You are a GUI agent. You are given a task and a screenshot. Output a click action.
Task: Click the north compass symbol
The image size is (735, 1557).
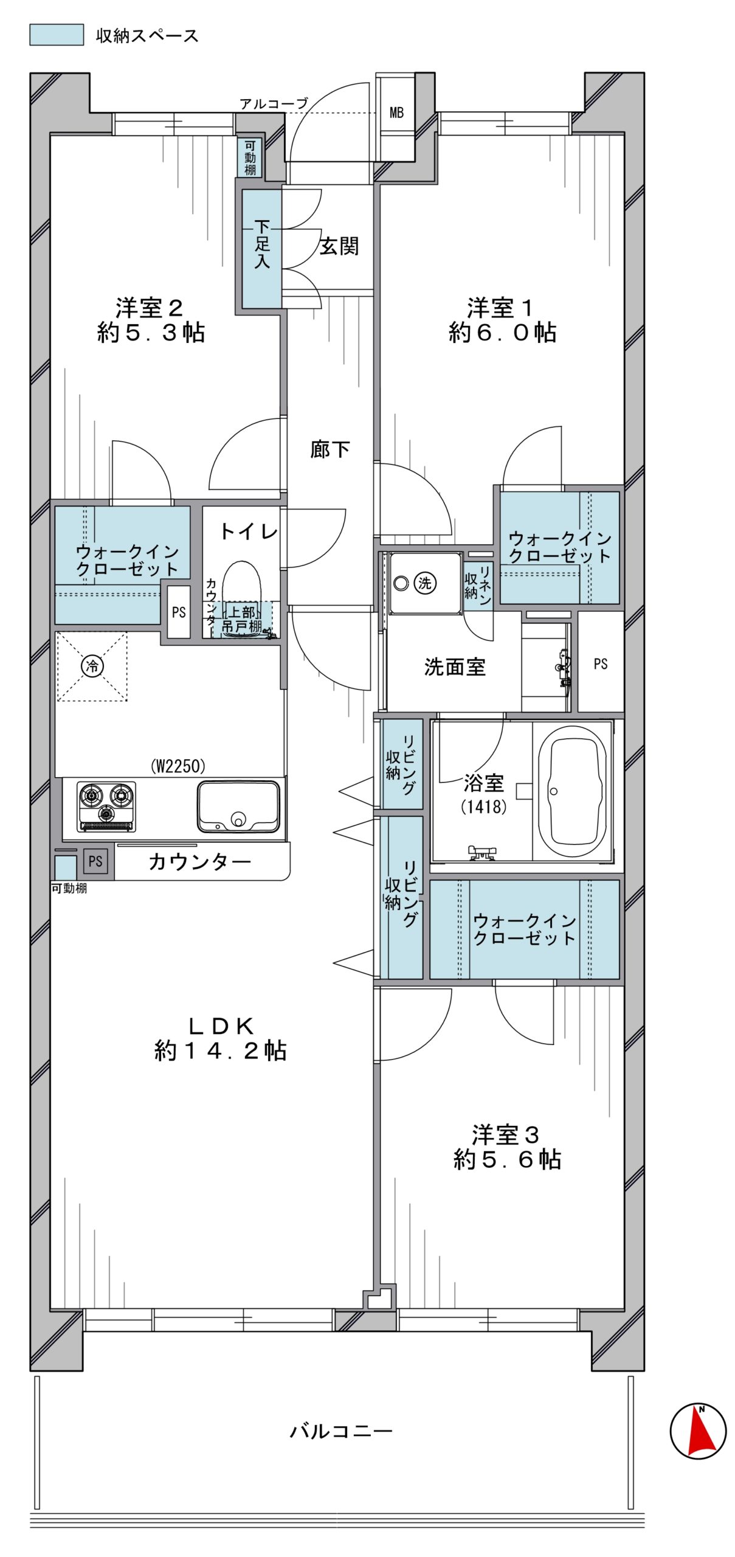pos(697,1431)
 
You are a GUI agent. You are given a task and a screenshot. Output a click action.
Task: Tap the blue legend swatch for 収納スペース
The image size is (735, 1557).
pos(57,35)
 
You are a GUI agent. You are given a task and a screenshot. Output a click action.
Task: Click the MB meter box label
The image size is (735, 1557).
pos(396,113)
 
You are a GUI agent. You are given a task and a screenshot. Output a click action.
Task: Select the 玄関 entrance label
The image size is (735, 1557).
pos(339,246)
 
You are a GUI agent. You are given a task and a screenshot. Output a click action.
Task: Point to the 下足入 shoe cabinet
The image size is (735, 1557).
pos(262,248)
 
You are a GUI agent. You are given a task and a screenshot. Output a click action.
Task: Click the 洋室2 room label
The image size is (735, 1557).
pos(150,308)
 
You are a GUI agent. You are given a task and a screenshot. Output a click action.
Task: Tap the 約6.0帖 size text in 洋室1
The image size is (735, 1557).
pos(502,332)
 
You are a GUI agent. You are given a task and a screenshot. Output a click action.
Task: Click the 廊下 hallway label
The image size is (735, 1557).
pos(330,449)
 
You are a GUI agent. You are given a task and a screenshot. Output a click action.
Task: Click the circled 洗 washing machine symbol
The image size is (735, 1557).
pos(424,583)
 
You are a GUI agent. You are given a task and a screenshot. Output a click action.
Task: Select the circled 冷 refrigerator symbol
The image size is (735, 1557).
pos(92,666)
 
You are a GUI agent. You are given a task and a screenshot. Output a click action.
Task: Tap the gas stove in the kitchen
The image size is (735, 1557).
pos(106,806)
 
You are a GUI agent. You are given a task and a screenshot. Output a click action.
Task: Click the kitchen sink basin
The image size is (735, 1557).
pos(238,806)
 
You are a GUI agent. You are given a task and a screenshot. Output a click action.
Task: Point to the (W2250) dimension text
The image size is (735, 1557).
pos(178,766)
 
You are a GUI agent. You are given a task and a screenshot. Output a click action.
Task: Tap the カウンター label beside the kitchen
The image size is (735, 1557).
pos(199,861)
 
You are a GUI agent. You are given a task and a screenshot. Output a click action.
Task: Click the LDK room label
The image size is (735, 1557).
pos(221,1026)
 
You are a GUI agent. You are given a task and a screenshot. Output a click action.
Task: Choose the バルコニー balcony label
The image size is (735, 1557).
pos(341,1430)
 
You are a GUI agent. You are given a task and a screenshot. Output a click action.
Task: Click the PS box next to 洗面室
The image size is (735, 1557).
pos(601,663)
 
